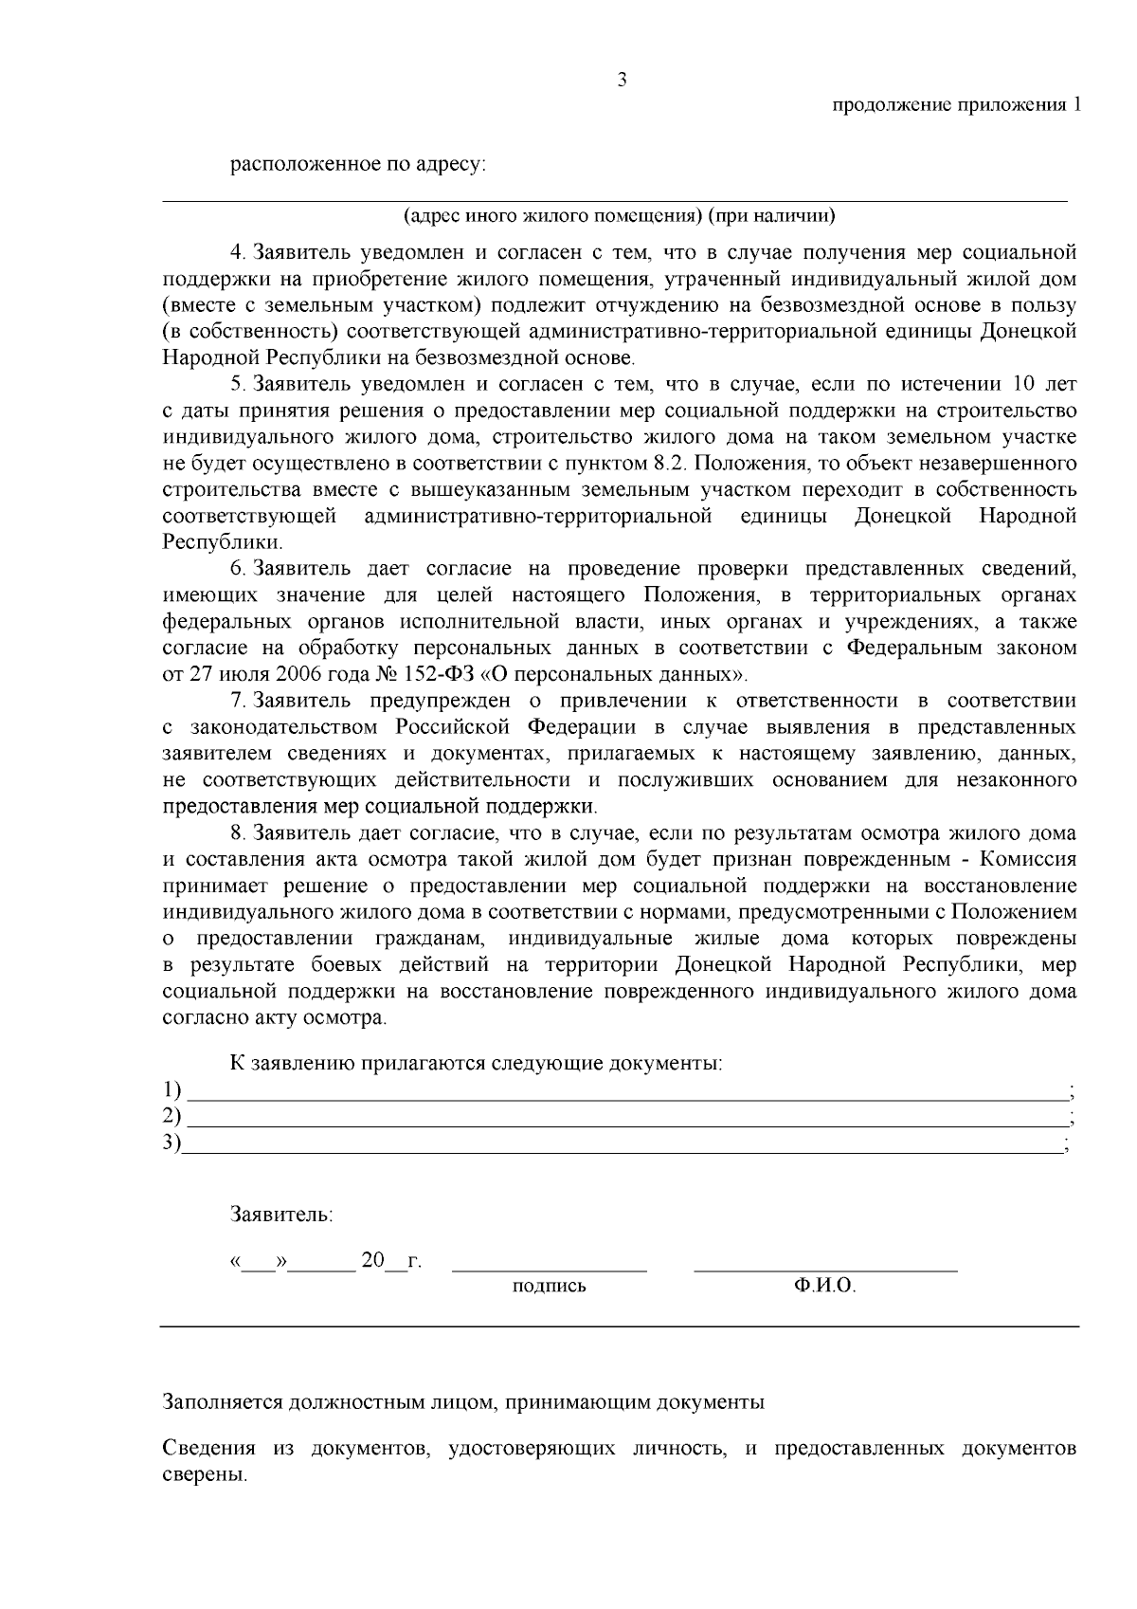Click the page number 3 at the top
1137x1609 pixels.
(x=622, y=81)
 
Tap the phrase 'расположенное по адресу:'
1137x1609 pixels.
(x=358, y=165)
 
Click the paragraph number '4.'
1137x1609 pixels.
(x=239, y=253)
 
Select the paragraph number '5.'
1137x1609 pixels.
(x=239, y=385)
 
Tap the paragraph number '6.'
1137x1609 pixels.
(x=239, y=569)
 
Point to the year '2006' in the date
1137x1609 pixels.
(x=298, y=675)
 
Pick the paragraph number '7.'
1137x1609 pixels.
(x=239, y=701)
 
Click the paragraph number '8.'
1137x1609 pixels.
(x=239, y=833)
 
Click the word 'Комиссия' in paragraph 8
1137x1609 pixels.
(x=1028, y=860)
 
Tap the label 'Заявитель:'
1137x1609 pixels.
(x=281, y=1214)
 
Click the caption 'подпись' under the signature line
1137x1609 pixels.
(x=549, y=1287)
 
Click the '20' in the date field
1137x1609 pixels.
(x=372, y=1261)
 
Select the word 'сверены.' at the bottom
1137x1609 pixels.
(x=205, y=1476)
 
